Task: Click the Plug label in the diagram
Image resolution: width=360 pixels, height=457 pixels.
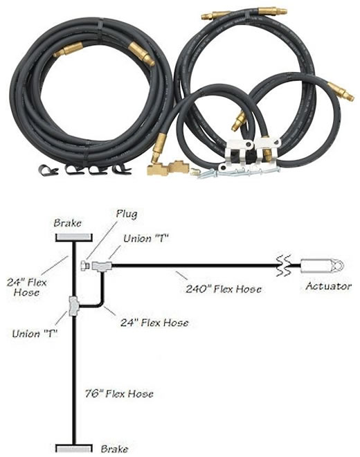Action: tap(127, 214)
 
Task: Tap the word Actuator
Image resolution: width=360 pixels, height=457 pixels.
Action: tap(329, 286)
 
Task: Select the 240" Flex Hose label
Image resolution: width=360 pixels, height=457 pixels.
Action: tap(224, 289)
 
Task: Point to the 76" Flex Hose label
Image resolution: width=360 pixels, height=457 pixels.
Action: tap(119, 394)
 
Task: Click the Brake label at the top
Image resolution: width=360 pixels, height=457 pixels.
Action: tap(67, 223)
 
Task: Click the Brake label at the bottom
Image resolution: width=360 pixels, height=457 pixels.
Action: tap(114, 449)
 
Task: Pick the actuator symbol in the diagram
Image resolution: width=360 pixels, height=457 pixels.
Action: tap(322, 266)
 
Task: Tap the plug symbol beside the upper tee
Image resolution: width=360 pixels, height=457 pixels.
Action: tap(84, 265)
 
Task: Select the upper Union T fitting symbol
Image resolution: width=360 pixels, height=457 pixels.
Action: tap(102, 266)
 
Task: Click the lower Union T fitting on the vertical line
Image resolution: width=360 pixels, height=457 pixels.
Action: tap(74, 306)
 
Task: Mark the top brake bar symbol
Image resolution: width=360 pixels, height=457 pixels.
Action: tap(74, 238)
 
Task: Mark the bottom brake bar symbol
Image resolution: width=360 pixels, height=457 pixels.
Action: tap(74, 448)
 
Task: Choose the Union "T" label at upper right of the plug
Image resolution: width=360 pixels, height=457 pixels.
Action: tap(146, 239)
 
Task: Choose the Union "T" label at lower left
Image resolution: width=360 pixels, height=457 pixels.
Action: tap(35, 334)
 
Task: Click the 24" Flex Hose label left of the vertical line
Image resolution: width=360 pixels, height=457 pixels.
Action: tap(26, 287)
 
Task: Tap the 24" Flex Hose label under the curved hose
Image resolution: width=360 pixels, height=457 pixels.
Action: tap(154, 323)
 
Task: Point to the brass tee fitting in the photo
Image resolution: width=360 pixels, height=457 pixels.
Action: tap(168, 168)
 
